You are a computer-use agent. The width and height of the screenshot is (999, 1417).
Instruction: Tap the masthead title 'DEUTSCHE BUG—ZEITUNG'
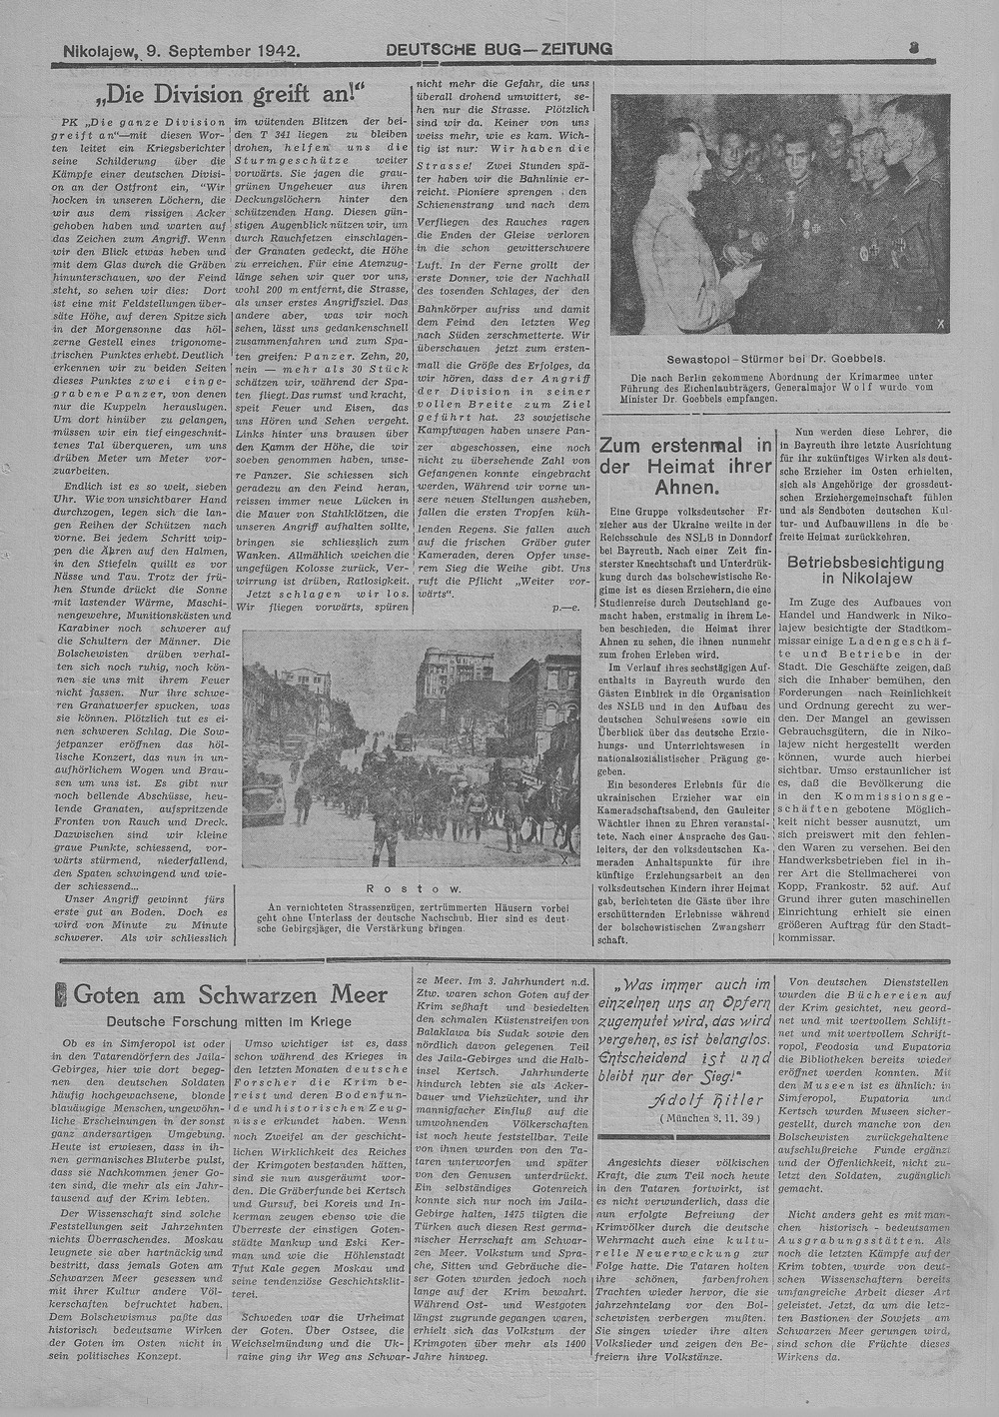point(499,48)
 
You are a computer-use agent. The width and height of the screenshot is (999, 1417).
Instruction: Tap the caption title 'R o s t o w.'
point(413,887)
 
